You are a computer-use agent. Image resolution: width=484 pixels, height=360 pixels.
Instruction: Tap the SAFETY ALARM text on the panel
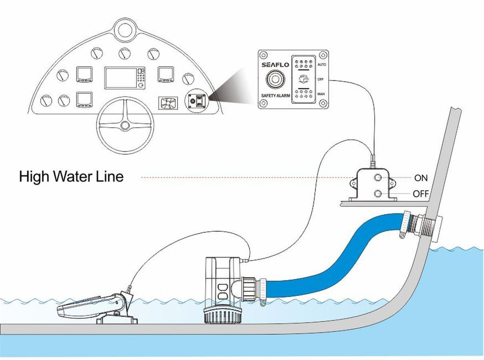275,97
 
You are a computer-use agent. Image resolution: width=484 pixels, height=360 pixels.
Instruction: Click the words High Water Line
71,177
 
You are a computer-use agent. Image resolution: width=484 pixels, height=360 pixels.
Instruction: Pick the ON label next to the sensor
421,178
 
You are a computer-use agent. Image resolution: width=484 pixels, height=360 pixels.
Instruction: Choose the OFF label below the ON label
421,195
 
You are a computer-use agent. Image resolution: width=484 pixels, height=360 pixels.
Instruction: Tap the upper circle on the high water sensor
378,179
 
